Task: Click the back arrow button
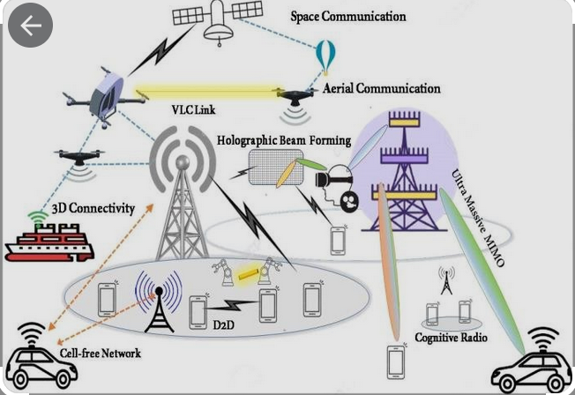(30, 26)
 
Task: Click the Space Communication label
(348, 17)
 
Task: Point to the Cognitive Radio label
(452, 338)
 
